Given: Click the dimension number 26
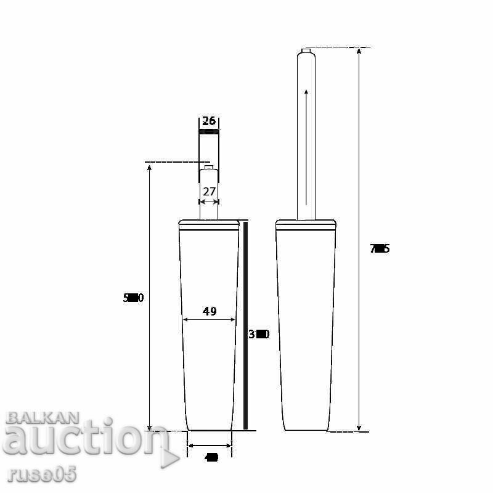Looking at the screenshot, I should click(209, 121).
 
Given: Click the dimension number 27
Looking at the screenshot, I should click(209, 192).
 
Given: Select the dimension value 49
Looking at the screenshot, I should click(210, 311).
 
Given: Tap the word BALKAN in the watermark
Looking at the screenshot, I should click(43, 418).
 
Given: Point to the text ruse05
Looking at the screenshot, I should click(43, 475).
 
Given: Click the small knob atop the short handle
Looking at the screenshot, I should click(209, 166).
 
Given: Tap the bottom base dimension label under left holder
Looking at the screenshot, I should click(211, 458).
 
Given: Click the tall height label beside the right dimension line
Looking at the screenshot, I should click(380, 249).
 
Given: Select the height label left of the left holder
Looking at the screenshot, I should click(133, 298).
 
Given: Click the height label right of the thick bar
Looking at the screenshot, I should click(259, 335).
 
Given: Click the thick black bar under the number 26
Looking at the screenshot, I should click(209, 131).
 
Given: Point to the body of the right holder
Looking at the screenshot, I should click(306, 327).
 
